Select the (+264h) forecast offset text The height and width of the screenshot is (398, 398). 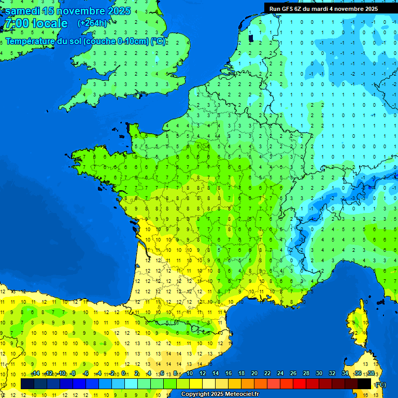(92, 23)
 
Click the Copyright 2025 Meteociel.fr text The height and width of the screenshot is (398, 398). (220, 394)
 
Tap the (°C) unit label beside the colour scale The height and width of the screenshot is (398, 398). (380, 384)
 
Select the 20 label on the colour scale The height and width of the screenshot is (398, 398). (254, 374)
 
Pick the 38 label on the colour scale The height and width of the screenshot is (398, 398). (371, 374)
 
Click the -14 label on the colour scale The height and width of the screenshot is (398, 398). (35, 374)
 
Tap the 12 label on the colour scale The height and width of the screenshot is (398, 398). (202, 374)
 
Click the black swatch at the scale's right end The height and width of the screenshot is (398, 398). (364, 384)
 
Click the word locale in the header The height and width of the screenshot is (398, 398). (50, 24)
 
